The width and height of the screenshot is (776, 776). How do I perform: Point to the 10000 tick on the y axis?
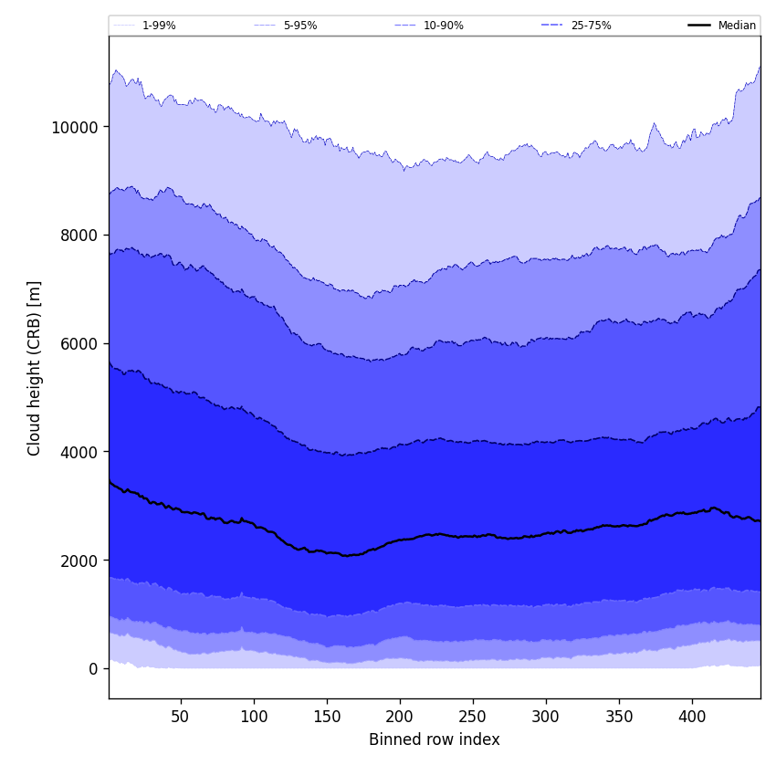click(75, 127)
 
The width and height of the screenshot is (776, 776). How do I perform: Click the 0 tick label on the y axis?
click(92, 669)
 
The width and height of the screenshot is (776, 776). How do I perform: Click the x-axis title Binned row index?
click(435, 739)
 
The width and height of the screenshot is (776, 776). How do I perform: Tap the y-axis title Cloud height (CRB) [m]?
click(35, 368)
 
